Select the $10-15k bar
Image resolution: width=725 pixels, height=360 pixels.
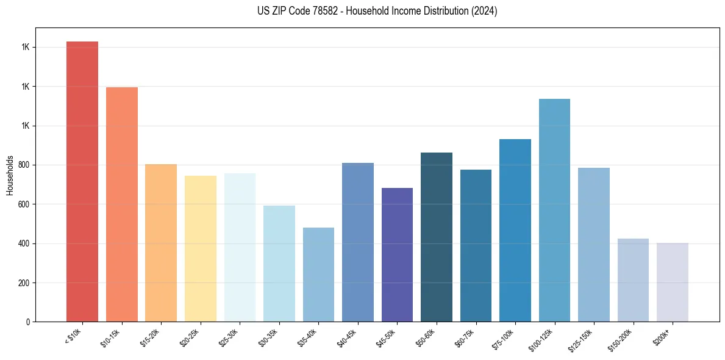click(x=122, y=204)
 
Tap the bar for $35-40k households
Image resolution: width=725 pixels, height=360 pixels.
click(x=318, y=275)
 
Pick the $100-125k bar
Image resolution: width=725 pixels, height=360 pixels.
click(x=554, y=210)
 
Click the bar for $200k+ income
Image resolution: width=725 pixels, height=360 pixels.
click(x=673, y=282)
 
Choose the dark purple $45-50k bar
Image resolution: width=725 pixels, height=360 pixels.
click(x=397, y=254)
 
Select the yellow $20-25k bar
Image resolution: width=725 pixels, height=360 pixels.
click(x=201, y=248)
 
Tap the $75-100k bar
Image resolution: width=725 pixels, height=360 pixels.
click(x=515, y=230)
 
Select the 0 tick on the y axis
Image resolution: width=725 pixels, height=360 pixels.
click(x=28, y=322)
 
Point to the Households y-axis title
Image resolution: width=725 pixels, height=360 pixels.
click(x=10, y=175)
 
